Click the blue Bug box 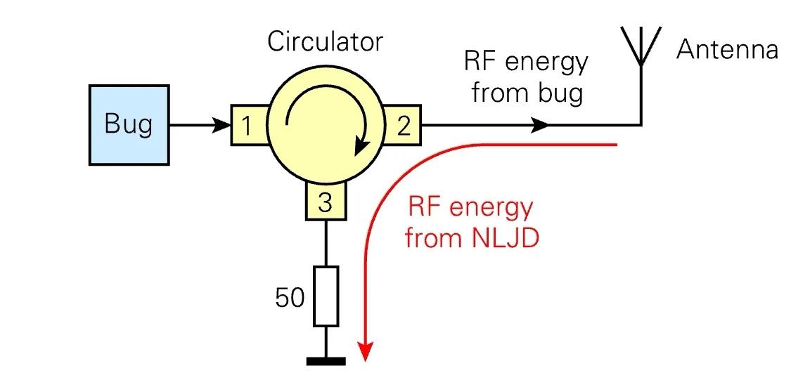coord(129,124)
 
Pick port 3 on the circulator coord(325,202)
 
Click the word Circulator coord(325,41)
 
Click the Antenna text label coord(727,50)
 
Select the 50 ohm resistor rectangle coord(326,296)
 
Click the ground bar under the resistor coord(326,361)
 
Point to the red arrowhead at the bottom coord(365,351)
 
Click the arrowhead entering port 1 coord(224,126)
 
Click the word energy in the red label coord(491,209)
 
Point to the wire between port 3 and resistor coord(326,242)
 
